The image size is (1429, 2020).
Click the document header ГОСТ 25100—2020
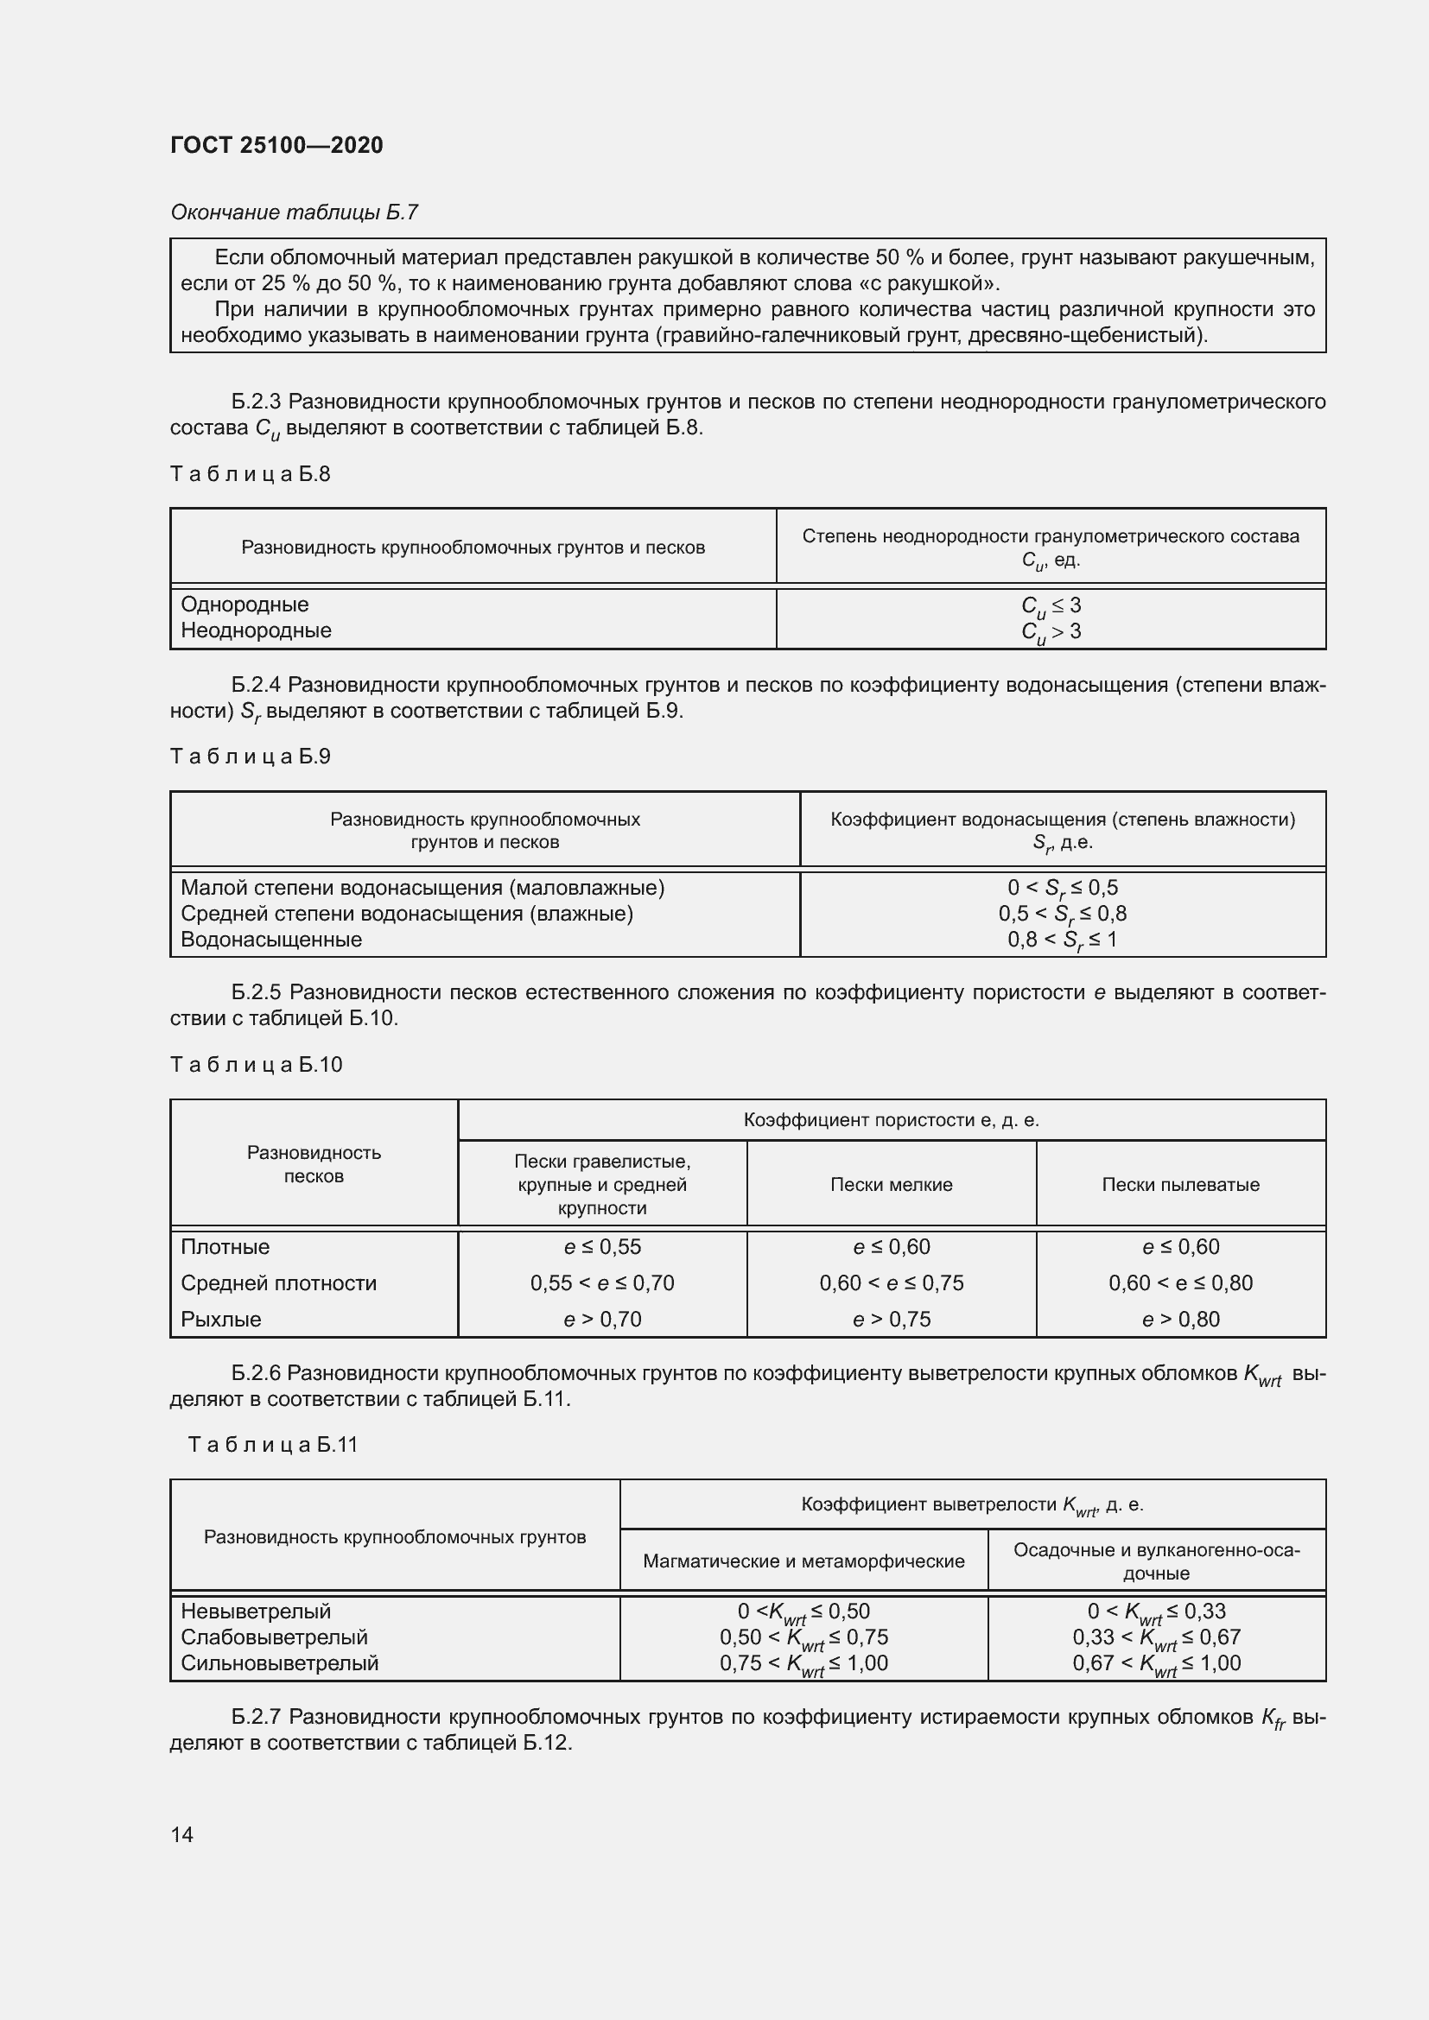coord(276,145)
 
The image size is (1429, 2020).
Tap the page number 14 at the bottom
coord(182,1834)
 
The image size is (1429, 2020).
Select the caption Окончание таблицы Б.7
coord(294,212)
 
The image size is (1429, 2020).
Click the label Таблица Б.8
coord(250,474)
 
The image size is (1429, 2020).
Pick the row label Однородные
coord(245,605)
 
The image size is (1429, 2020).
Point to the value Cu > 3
coord(1051,631)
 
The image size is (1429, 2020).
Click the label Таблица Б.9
coord(250,757)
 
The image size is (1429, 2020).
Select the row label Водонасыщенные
coord(271,939)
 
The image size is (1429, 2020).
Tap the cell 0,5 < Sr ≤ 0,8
coord(1062,914)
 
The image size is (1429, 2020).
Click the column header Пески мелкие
coord(892,1184)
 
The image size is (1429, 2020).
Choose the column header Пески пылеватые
coord(1180,1184)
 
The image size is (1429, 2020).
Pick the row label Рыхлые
coord(221,1319)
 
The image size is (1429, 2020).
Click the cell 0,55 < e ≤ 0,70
coord(602,1282)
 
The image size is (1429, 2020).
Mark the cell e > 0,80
coord(1180,1319)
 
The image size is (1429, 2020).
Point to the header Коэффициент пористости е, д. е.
coord(892,1120)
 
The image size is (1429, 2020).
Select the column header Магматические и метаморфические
coord(803,1561)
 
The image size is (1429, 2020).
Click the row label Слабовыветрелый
coord(274,1637)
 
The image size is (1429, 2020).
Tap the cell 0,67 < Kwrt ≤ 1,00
coord(1155,1662)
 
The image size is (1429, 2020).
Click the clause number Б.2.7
coord(256,1717)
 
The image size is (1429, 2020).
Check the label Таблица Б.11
coord(273,1445)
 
